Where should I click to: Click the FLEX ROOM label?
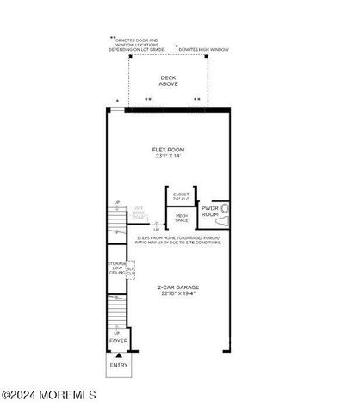click(x=169, y=149)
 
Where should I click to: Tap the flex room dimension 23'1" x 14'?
click(x=169, y=157)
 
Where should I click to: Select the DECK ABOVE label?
click(x=169, y=81)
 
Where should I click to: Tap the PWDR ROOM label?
click(x=211, y=210)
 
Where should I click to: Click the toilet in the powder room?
click(x=226, y=208)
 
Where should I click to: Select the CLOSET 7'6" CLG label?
click(x=182, y=197)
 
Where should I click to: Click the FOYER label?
click(x=119, y=342)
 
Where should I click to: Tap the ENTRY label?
click(x=119, y=365)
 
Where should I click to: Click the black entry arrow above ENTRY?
click(x=119, y=354)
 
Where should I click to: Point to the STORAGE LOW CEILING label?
click(x=117, y=269)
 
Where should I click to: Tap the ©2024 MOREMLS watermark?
click(x=49, y=396)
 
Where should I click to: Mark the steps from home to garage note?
click(x=177, y=239)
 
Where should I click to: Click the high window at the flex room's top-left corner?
click(x=118, y=109)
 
